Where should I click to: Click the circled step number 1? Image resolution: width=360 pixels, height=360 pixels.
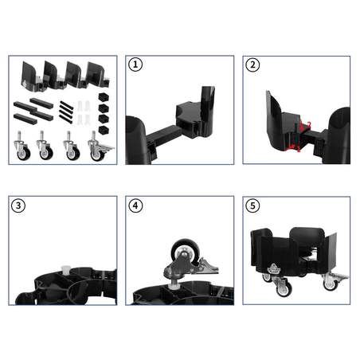(x=137, y=65)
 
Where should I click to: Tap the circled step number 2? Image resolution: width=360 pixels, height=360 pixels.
(x=254, y=65)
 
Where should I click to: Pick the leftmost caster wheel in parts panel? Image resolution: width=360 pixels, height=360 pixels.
(x=22, y=147)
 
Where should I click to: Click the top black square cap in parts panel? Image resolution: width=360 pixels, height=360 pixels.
(x=102, y=96)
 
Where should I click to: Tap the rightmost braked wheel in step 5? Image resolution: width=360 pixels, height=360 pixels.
(x=331, y=283)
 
